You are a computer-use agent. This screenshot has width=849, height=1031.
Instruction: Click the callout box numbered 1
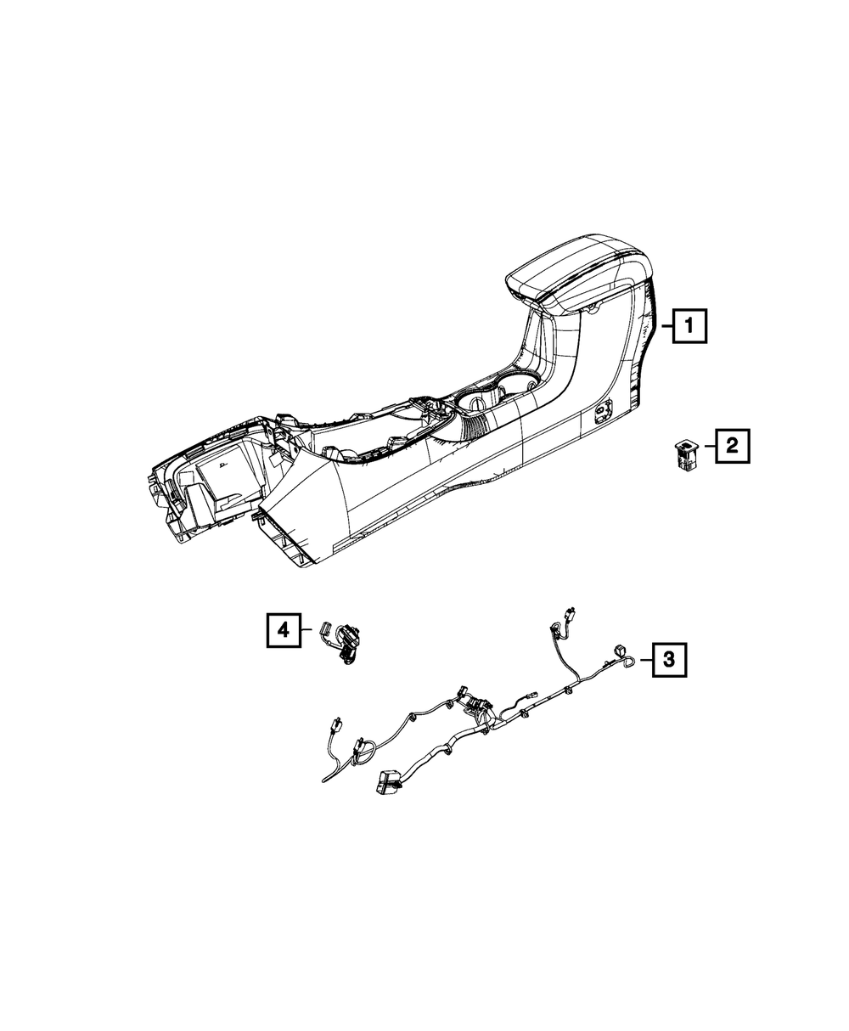click(x=689, y=324)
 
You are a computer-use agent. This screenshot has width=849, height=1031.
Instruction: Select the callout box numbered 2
click(x=732, y=446)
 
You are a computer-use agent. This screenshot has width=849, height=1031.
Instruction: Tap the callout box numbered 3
click(x=669, y=658)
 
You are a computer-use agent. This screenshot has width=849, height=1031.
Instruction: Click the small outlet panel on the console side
click(x=604, y=413)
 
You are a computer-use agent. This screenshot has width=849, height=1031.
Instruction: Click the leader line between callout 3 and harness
click(x=644, y=659)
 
